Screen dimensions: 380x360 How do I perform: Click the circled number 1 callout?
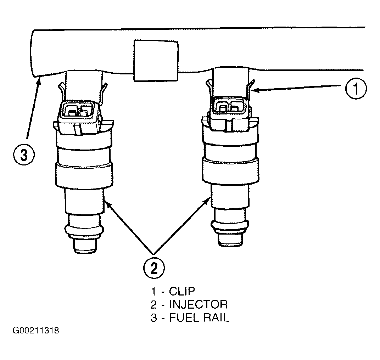(356, 89)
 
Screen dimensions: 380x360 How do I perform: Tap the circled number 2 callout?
(154, 268)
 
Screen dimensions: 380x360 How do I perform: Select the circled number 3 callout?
(24, 154)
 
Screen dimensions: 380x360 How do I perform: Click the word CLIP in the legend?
(182, 291)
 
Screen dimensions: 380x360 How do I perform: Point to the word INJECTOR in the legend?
(199, 304)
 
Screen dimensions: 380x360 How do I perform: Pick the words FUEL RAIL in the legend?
(199, 317)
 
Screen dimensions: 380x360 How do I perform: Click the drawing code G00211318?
(36, 331)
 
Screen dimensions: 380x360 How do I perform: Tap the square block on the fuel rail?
(156, 60)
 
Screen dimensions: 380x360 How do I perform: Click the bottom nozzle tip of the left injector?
(85, 246)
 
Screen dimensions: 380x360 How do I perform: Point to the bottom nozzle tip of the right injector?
(230, 240)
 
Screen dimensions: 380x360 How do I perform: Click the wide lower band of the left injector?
(84, 175)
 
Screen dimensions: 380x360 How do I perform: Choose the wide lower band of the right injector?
(230, 170)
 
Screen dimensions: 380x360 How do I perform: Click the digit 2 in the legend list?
(154, 305)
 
